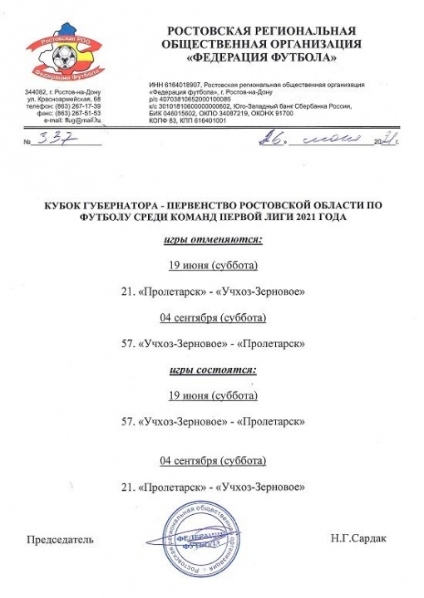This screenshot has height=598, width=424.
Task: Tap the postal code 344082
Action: pos(38,91)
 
